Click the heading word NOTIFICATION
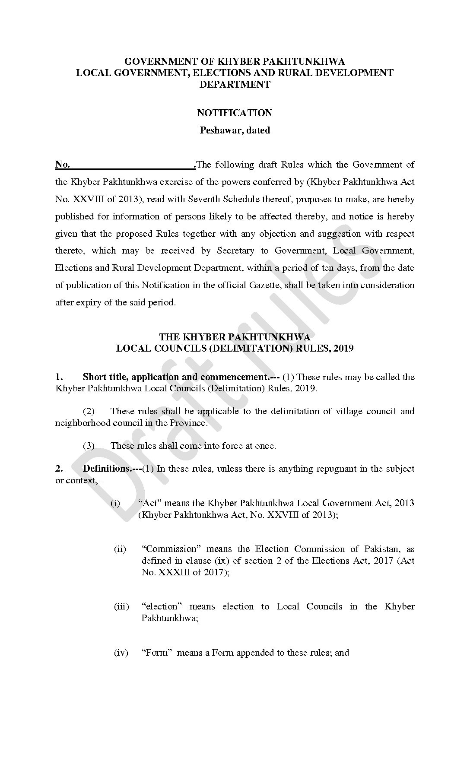click(235, 113)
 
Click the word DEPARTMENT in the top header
click(235, 85)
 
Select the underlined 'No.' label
click(63, 165)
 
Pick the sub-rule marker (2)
click(89, 411)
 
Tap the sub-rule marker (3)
click(89, 446)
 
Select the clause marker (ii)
click(120, 549)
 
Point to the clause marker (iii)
click(121, 606)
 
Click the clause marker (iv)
click(121, 653)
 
